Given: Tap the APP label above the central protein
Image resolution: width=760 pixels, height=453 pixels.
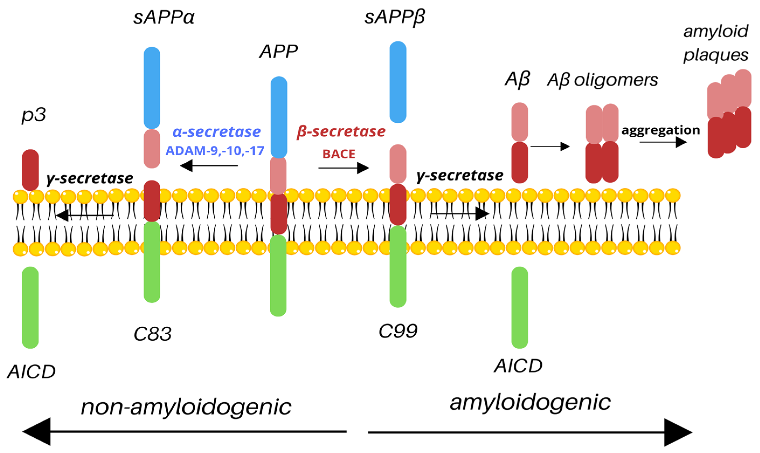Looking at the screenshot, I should (x=278, y=52).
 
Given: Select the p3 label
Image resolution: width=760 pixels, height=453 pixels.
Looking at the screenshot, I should (x=34, y=115).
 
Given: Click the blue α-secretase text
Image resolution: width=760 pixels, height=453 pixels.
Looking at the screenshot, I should (x=217, y=132).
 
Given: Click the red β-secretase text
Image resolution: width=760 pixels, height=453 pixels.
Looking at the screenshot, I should (x=341, y=132).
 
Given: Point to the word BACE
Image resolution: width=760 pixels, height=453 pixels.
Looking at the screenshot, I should (x=339, y=154).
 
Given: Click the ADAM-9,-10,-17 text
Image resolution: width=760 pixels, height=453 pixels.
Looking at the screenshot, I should (x=215, y=151).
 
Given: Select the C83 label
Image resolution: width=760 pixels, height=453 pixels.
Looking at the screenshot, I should (x=152, y=334).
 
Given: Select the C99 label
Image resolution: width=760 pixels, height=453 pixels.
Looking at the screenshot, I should (x=398, y=331).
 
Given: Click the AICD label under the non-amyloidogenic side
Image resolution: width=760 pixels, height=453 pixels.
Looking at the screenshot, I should (x=31, y=372).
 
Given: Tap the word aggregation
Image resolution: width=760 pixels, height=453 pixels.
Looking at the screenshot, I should (x=661, y=130).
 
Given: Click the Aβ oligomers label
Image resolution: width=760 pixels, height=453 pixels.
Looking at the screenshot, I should (x=602, y=80).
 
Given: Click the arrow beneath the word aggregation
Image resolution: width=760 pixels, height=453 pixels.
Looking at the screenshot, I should (x=663, y=142).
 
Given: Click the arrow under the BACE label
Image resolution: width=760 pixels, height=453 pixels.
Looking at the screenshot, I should (x=343, y=168).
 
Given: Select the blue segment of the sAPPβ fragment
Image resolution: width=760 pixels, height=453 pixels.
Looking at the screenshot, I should (x=398, y=82).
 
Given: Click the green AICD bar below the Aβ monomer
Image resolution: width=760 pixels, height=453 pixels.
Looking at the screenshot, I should (x=519, y=308).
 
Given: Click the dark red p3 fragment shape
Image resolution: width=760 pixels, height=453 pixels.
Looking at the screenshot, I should (x=30, y=169).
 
